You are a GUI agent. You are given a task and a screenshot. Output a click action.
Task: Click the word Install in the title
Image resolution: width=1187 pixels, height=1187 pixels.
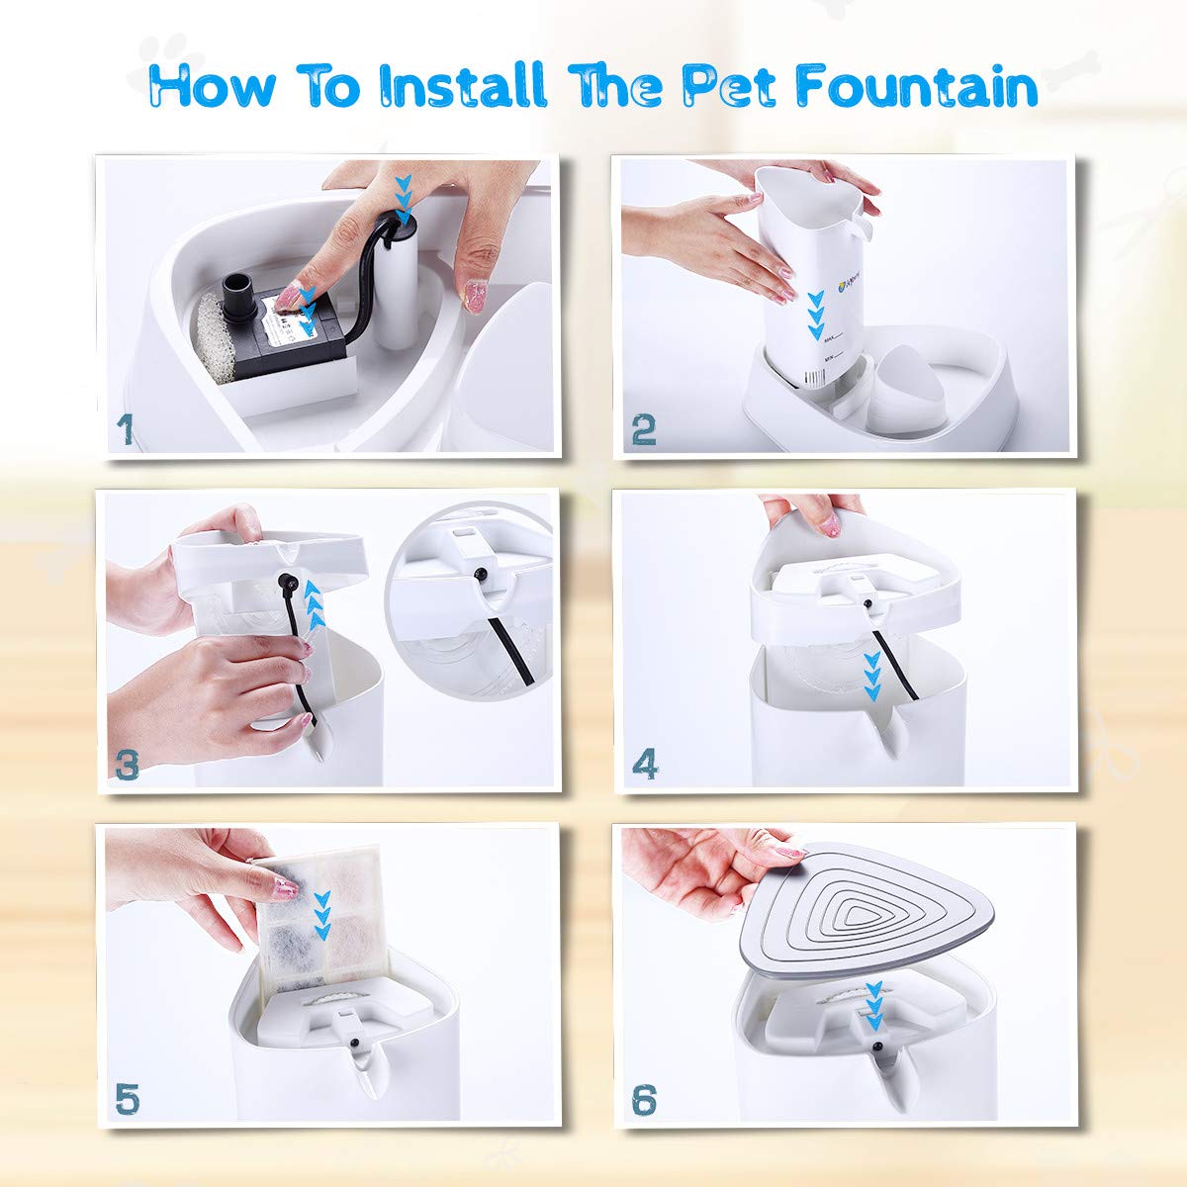[464, 86]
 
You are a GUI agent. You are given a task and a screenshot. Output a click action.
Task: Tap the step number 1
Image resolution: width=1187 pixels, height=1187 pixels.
[125, 430]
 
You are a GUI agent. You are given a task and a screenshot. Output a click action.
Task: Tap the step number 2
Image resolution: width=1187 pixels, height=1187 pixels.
[644, 430]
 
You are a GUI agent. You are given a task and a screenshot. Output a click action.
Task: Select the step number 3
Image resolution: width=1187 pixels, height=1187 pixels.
[127, 764]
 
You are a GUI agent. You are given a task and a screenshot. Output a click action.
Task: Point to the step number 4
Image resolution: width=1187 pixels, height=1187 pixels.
[645, 764]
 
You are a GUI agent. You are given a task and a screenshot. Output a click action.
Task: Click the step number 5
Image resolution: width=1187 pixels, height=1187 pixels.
[127, 1097]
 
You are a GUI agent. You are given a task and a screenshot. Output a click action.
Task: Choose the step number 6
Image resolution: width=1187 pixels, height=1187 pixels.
[644, 1098]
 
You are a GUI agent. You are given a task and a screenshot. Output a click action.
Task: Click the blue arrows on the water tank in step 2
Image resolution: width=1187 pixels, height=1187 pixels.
[815, 316]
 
